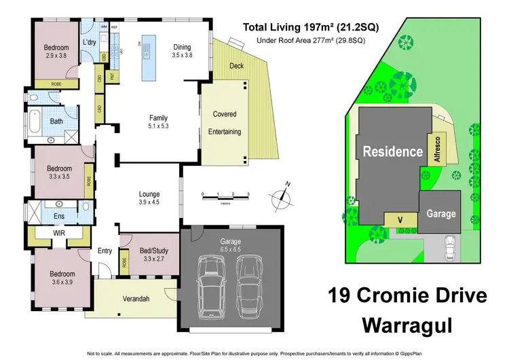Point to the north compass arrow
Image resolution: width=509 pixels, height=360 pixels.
click(x=284, y=196)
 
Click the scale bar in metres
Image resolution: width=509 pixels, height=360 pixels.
click(x=225, y=198)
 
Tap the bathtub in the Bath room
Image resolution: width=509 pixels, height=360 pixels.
click(x=35, y=123)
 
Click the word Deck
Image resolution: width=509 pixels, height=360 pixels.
click(x=235, y=65)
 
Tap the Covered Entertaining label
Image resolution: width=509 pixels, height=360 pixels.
click(x=225, y=123)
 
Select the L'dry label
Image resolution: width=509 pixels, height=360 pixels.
click(x=89, y=42)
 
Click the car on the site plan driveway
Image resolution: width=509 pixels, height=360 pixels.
click(x=450, y=248)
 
